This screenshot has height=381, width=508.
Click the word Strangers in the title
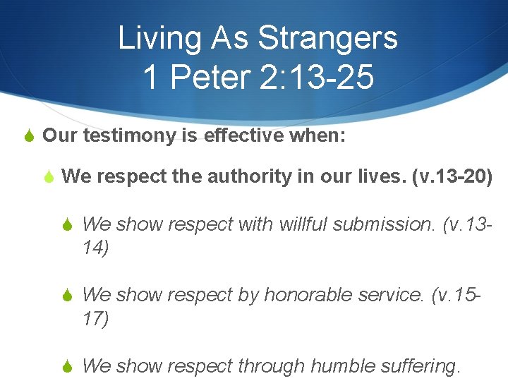click(327, 38)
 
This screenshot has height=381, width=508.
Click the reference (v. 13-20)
click(451, 176)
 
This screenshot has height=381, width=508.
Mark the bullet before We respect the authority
click(49, 176)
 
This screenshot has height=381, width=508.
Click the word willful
click(303, 225)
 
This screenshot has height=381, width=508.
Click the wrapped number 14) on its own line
click(95, 248)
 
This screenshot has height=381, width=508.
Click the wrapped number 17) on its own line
click(95, 319)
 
